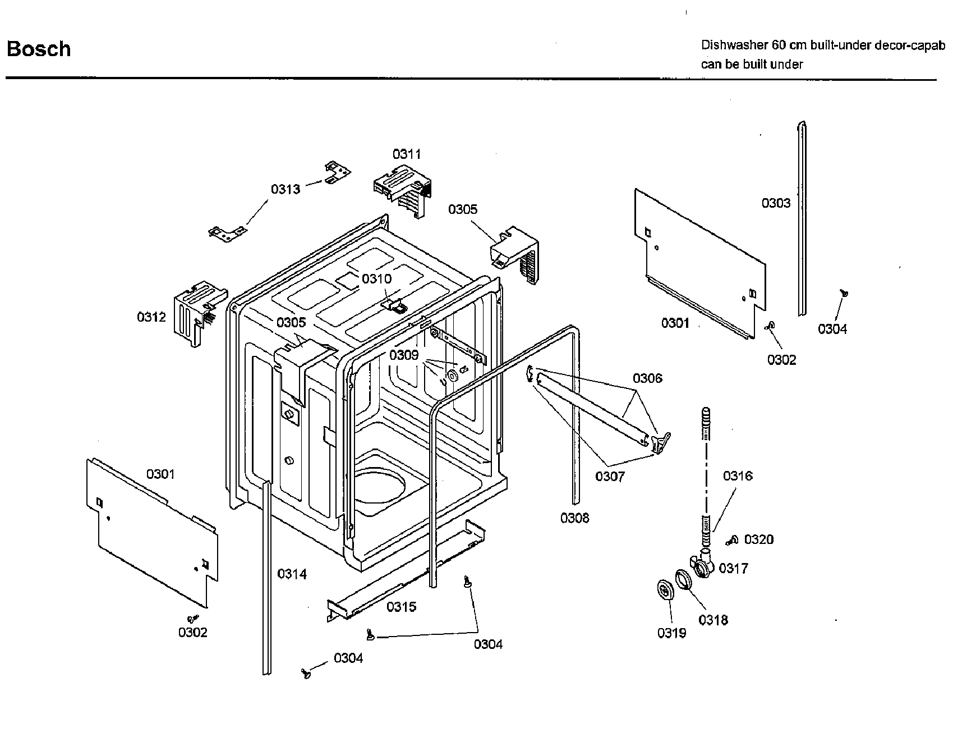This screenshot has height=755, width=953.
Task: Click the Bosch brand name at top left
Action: [x=39, y=49]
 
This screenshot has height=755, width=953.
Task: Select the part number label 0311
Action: [x=407, y=154]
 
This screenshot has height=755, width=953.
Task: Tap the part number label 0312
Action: [x=151, y=317]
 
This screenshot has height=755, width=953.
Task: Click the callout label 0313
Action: [x=286, y=189]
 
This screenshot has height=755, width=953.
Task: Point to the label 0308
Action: [x=575, y=518]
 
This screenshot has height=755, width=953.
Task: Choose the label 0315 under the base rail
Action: [x=401, y=607]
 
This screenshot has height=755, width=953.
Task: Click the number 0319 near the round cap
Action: [x=671, y=633]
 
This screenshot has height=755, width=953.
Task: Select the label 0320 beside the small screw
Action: [x=758, y=540]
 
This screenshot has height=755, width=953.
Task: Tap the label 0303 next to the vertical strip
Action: [x=776, y=203]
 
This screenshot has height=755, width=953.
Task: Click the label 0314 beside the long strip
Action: [x=292, y=574]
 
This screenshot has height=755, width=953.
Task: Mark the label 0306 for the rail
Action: [x=647, y=378]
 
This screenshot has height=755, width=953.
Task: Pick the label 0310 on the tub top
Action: [x=376, y=279]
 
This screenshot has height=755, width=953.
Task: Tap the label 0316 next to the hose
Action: [x=738, y=477]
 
